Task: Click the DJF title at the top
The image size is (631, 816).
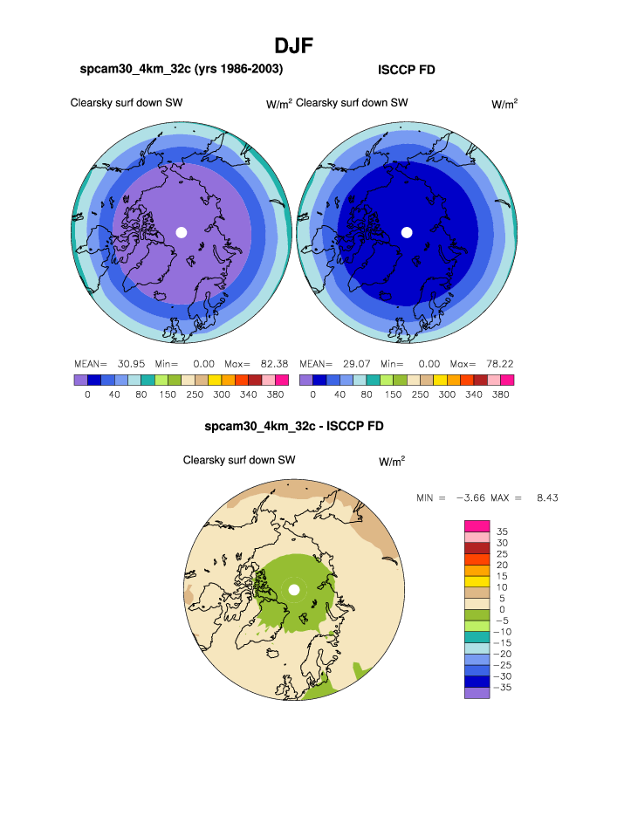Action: pyautogui.click(x=293, y=45)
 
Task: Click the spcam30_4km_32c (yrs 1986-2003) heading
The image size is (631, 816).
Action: pyautogui.click(x=181, y=69)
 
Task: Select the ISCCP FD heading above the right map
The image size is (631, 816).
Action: pyautogui.click(x=406, y=70)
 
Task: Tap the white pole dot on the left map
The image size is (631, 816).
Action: pyautogui.click(x=182, y=232)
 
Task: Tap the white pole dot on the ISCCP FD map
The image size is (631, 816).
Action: pyautogui.click(x=406, y=232)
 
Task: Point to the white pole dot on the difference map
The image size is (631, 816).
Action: pyautogui.click(x=294, y=590)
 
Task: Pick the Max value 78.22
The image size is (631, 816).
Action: pyautogui.click(x=498, y=363)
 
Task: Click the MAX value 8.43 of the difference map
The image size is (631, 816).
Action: pyautogui.click(x=547, y=497)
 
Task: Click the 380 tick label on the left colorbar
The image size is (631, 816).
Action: pyautogui.click(x=273, y=394)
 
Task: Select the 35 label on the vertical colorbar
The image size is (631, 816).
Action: pyautogui.click(x=502, y=531)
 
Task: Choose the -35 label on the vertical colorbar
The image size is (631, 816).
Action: pyautogui.click(x=504, y=688)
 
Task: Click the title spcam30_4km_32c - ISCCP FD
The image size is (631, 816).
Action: pyautogui.click(x=293, y=427)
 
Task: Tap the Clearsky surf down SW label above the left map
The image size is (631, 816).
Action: pyautogui.click(x=127, y=103)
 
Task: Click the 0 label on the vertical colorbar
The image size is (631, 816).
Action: pyautogui.click(x=502, y=609)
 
